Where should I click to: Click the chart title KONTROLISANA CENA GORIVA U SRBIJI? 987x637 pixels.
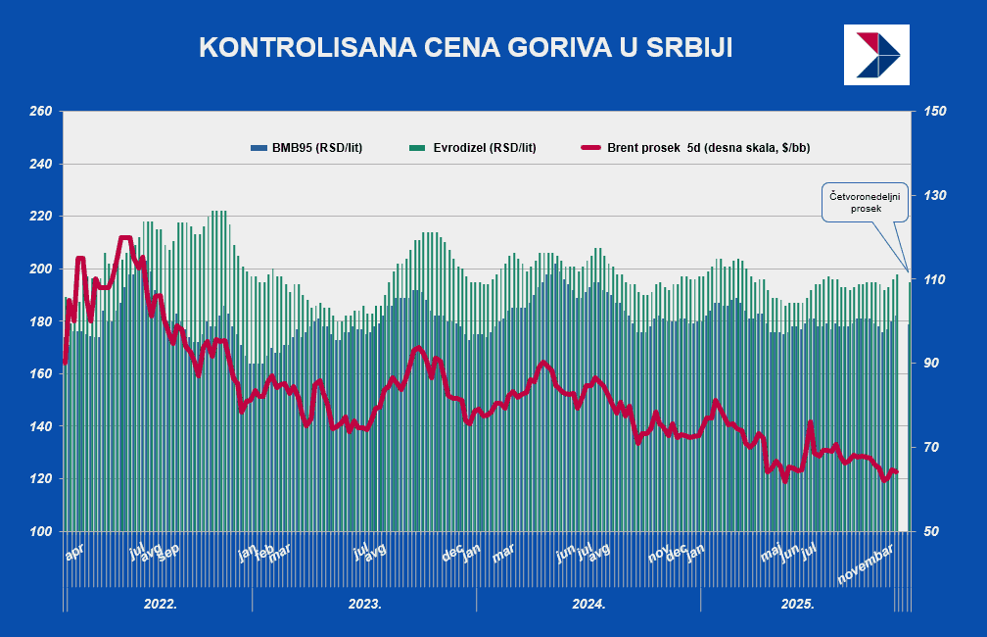pos(465,48)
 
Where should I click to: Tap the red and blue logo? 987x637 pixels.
pos(876,55)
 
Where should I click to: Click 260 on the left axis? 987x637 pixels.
pos(40,112)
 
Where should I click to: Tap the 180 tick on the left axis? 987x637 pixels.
pos(40,321)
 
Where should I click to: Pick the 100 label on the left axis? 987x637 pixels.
pos(40,531)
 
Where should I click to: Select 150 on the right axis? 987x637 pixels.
pos(934,112)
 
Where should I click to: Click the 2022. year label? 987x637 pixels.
pos(161,604)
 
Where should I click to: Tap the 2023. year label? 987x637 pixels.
pos(365,604)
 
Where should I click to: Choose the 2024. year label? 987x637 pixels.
pos(589,604)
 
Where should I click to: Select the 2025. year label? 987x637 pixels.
pos(798,604)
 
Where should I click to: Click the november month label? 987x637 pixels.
pos(866,566)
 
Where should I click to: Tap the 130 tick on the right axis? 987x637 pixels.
pos(934,196)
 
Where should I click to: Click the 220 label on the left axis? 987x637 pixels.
pos(40,217)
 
